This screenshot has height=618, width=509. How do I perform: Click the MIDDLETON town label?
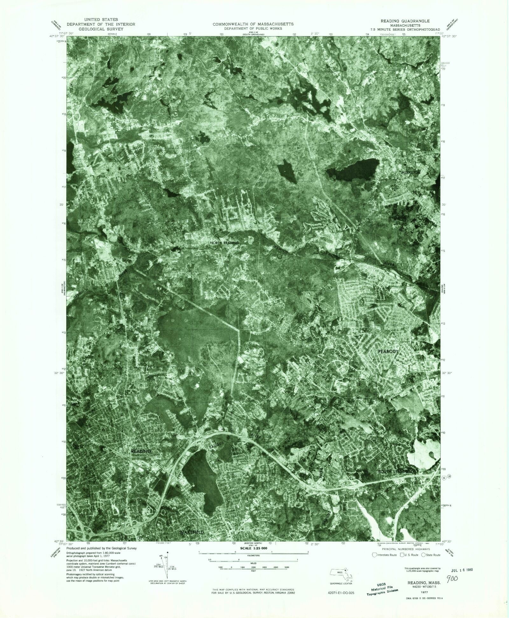tap(411, 172)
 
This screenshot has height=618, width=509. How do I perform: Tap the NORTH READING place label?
tap(224, 243)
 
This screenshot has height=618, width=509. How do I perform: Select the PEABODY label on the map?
tap(388, 351)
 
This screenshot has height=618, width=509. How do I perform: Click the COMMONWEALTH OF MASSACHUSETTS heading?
tap(253, 24)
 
